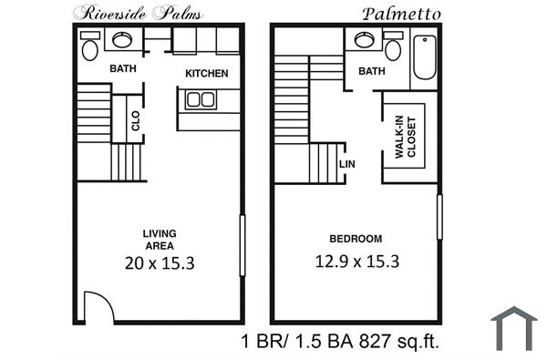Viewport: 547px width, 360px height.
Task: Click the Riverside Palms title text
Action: pyautogui.click(x=138, y=12)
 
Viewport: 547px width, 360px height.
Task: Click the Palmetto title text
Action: pyautogui.click(x=402, y=13)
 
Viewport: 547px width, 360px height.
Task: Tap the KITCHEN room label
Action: pyautogui.click(x=207, y=73)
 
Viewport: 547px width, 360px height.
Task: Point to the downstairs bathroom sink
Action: pyautogui.click(x=121, y=39)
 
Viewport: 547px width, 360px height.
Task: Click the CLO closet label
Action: pyautogui.click(x=136, y=121)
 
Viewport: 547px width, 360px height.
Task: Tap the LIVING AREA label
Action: pyautogui.click(x=160, y=239)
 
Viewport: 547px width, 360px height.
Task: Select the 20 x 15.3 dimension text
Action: pyautogui.click(x=160, y=263)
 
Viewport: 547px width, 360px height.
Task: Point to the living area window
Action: pyautogui.click(x=243, y=245)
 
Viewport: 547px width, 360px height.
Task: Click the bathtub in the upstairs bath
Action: pyautogui.click(x=425, y=57)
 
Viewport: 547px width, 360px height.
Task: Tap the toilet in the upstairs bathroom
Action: pyautogui.click(x=393, y=47)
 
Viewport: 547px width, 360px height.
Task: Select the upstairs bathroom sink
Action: pyautogui.click(x=364, y=39)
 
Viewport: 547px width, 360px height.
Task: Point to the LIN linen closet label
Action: pyautogui.click(x=346, y=164)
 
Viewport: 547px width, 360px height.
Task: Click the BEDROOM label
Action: pyautogui.click(x=356, y=239)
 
